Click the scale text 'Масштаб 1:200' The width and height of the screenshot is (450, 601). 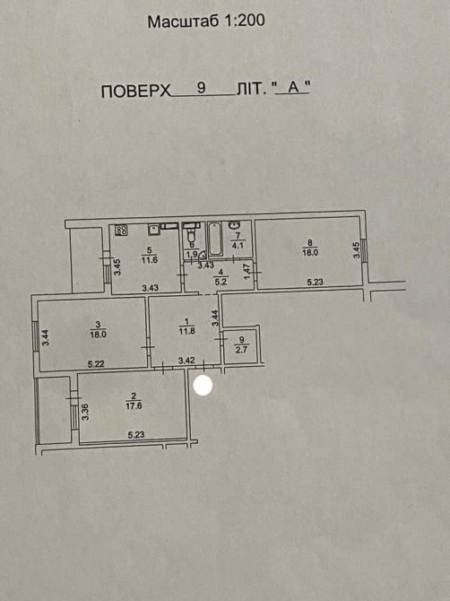tap(206, 22)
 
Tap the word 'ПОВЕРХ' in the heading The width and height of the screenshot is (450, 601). tap(136, 91)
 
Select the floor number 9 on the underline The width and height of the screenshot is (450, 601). tap(201, 88)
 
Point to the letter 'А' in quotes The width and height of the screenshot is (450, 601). tap(293, 87)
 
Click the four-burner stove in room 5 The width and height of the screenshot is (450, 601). tap(122, 230)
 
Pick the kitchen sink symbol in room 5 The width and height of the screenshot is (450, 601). tap(154, 230)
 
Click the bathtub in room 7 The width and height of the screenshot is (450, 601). tap(215, 239)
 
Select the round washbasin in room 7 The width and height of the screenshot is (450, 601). tap(234, 224)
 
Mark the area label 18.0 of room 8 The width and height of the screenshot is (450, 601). tap(310, 253)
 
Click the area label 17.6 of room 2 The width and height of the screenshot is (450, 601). tap(134, 405)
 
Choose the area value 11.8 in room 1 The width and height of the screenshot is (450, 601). tap(186, 330)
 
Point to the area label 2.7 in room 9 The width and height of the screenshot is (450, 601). tap(242, 350)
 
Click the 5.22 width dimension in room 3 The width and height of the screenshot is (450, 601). tap(96, 364)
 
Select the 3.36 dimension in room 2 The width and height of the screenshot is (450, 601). tap(86, 412)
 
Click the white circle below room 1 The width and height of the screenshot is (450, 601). tap(203, 385)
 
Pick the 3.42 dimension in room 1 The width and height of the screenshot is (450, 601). tap(186, 361)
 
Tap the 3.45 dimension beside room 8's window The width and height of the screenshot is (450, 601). tap(357, 250)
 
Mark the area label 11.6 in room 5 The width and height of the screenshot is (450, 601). tap(150, 260)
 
